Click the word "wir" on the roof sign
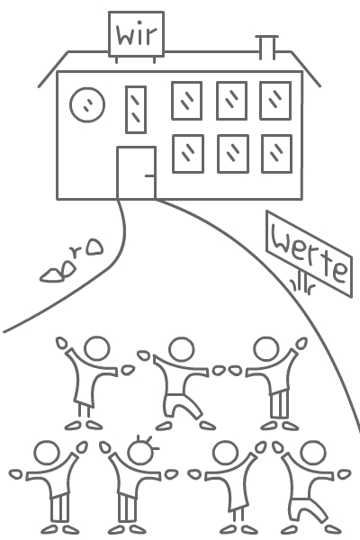coord(137,34)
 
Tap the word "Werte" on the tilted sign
coord(309,254)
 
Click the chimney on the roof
coord(267,48)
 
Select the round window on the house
coord(87,104)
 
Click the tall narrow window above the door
coord(136,110)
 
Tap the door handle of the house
coord(150,176)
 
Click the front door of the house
coord(137,173)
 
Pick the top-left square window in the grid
coord(186,101)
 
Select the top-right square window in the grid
coord(275,101)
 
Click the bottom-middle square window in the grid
coord(233,154)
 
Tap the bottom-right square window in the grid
coord(277,154)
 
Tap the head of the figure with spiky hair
coord(139,453)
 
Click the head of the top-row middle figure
coord(182,349)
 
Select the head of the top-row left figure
coord(97,348)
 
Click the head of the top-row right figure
coord(266,349)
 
